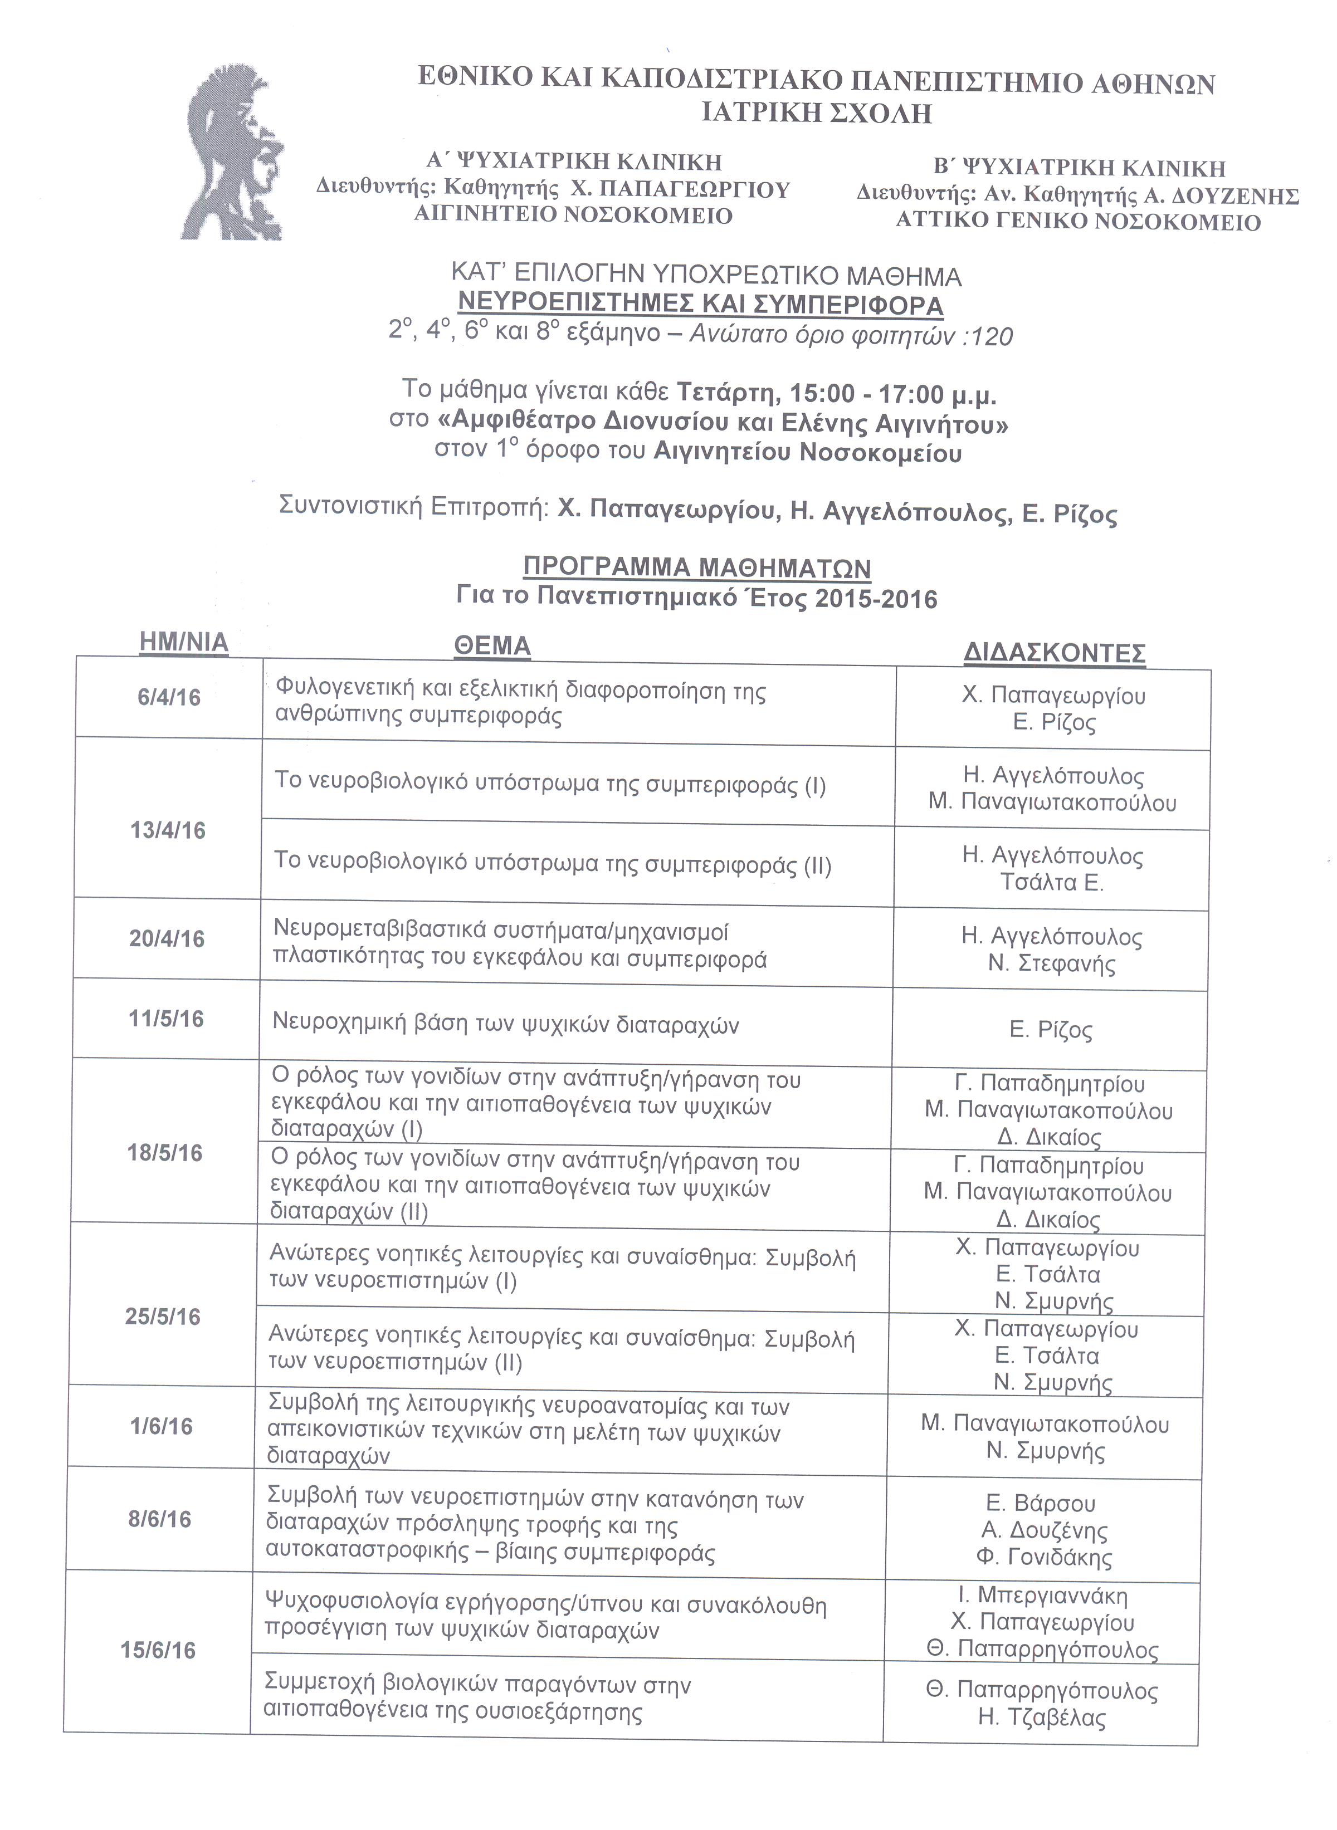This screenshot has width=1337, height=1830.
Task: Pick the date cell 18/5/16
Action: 164,1152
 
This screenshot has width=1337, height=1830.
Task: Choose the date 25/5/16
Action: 163,1317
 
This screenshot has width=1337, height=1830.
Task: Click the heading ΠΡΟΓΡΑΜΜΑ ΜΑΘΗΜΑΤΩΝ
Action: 697,567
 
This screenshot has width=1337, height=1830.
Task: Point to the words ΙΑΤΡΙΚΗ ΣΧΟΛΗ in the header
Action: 816,112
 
